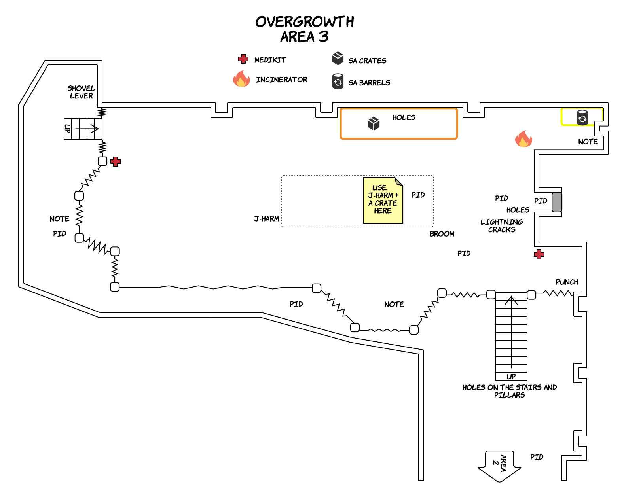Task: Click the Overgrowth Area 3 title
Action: pyautogui.click(x=304, y=29)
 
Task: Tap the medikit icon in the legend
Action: pyautogui.click(x=243, y=59)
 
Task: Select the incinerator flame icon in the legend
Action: pyautogui.click(x=241, y=79)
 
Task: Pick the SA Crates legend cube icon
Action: pyautogui.click(x=338, y=58)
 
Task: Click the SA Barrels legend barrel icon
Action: pyautogui.click(x=338, y=81)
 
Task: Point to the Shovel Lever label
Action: pyautogui.click(x=81, y=92)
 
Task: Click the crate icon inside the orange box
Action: pyautogui.click(x=374, y=123)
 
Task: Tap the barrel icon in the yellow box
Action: pyautogui.click(x=582, y=117)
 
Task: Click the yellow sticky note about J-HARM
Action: pyautogui.click(x=383, y=200)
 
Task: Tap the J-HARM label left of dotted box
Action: pyautogui.click(x=266, y=219)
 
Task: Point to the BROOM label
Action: pyautogui.click(x=442, y=234)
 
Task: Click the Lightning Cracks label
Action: pyautogui.click(x=502, y=226)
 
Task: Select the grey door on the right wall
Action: pyautogui.click(x=557, y=202)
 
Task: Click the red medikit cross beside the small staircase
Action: pyautogui.click(x=116, y=161)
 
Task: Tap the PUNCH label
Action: pyautogui.click(x=567, y=282)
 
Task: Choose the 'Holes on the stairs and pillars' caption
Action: pyautogui.click(x=510, y=391)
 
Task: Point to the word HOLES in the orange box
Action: pyautogui.click(x=404, y=117)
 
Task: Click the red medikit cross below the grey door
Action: pyautogui.click(x=539, y=254)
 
